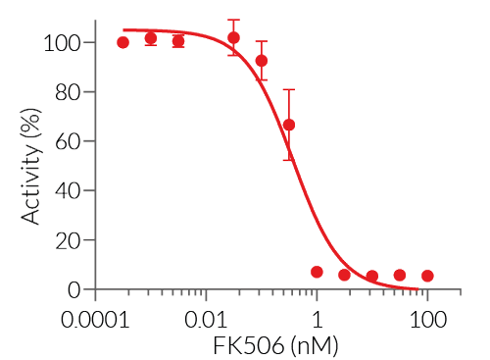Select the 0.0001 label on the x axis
click(x=95, y=321)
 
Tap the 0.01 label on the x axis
click(x=206, y=321)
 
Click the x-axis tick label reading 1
click(x=317, y=321)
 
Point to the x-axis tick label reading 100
click(x=427, y=321)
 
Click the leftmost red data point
click(x=122, y=42)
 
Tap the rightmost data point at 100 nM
click(x=427, y=277)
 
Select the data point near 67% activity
click(x=288, y=125)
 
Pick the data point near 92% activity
click(x=262, y=61)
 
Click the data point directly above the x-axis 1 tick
click(x=317, y=272)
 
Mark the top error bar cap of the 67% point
click(x=288, y=89)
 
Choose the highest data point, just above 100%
click(x=233, y=38)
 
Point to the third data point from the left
click(x=177, y=41)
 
